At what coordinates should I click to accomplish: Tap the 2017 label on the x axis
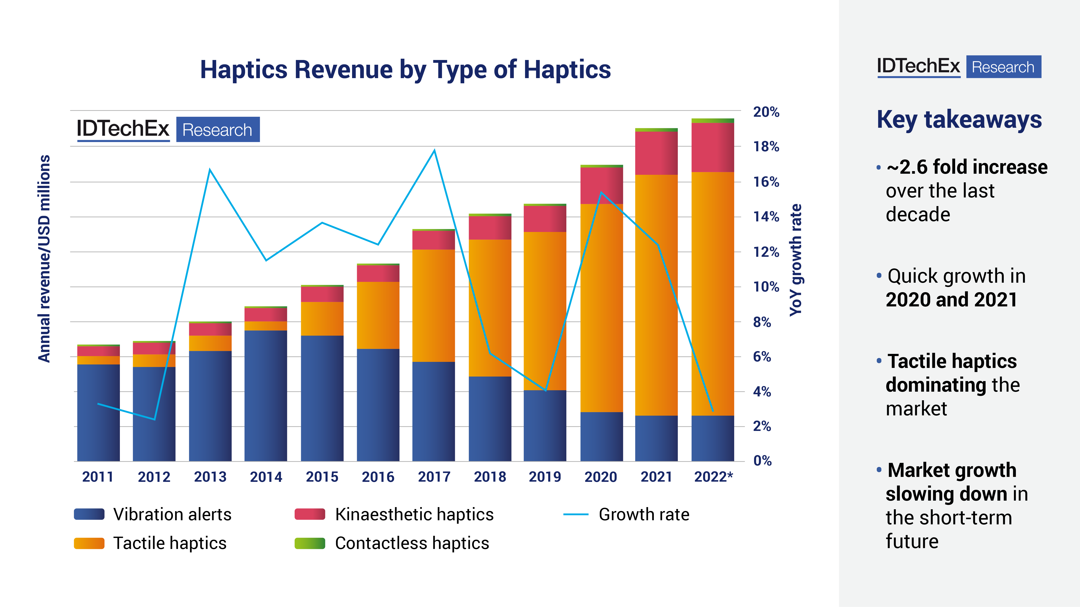click(x=434, y=477)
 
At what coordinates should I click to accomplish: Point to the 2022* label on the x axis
click(x=713, y=477)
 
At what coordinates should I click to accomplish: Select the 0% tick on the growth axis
click(x=762, y=461)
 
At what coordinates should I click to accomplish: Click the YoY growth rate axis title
click(x=795, y=260)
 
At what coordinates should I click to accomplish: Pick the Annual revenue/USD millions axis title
click(x=44, y=259)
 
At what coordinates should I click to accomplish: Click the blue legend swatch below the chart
click(x=89, y=514)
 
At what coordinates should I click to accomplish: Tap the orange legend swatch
click(x=89, y=543)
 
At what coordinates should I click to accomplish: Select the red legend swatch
click(x=310, y=514)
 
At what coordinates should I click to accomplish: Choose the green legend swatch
click(x=310, y=543)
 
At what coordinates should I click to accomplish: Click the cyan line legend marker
click(x=576, y=514)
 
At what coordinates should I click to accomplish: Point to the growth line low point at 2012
click(x=155, y=419)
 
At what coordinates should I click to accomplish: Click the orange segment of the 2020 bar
click(x=601, y=308)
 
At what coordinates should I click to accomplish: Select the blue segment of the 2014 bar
click(x=266, y=396)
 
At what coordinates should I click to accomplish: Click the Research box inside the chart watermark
click(x=218, y=130)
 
